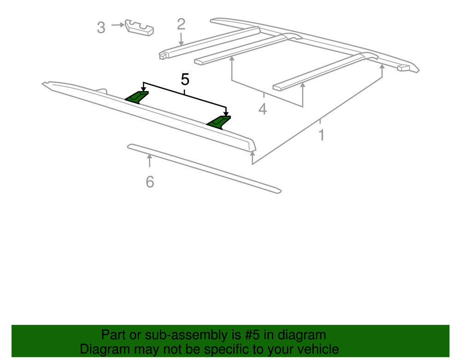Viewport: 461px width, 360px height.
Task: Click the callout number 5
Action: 185,79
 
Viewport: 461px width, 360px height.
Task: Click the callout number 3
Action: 101,28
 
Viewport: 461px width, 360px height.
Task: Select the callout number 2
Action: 181,24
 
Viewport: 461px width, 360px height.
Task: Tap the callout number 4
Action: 262,110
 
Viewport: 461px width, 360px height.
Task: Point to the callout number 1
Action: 321,136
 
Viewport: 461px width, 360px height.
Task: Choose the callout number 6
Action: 149,182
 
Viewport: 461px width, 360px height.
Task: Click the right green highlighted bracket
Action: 219,122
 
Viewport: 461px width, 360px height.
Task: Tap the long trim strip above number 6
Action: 203,168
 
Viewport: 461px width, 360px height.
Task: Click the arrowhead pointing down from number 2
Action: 181,42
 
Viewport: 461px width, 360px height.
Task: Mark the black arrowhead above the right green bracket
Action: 226,113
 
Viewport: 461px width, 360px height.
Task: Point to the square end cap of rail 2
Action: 163,56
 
